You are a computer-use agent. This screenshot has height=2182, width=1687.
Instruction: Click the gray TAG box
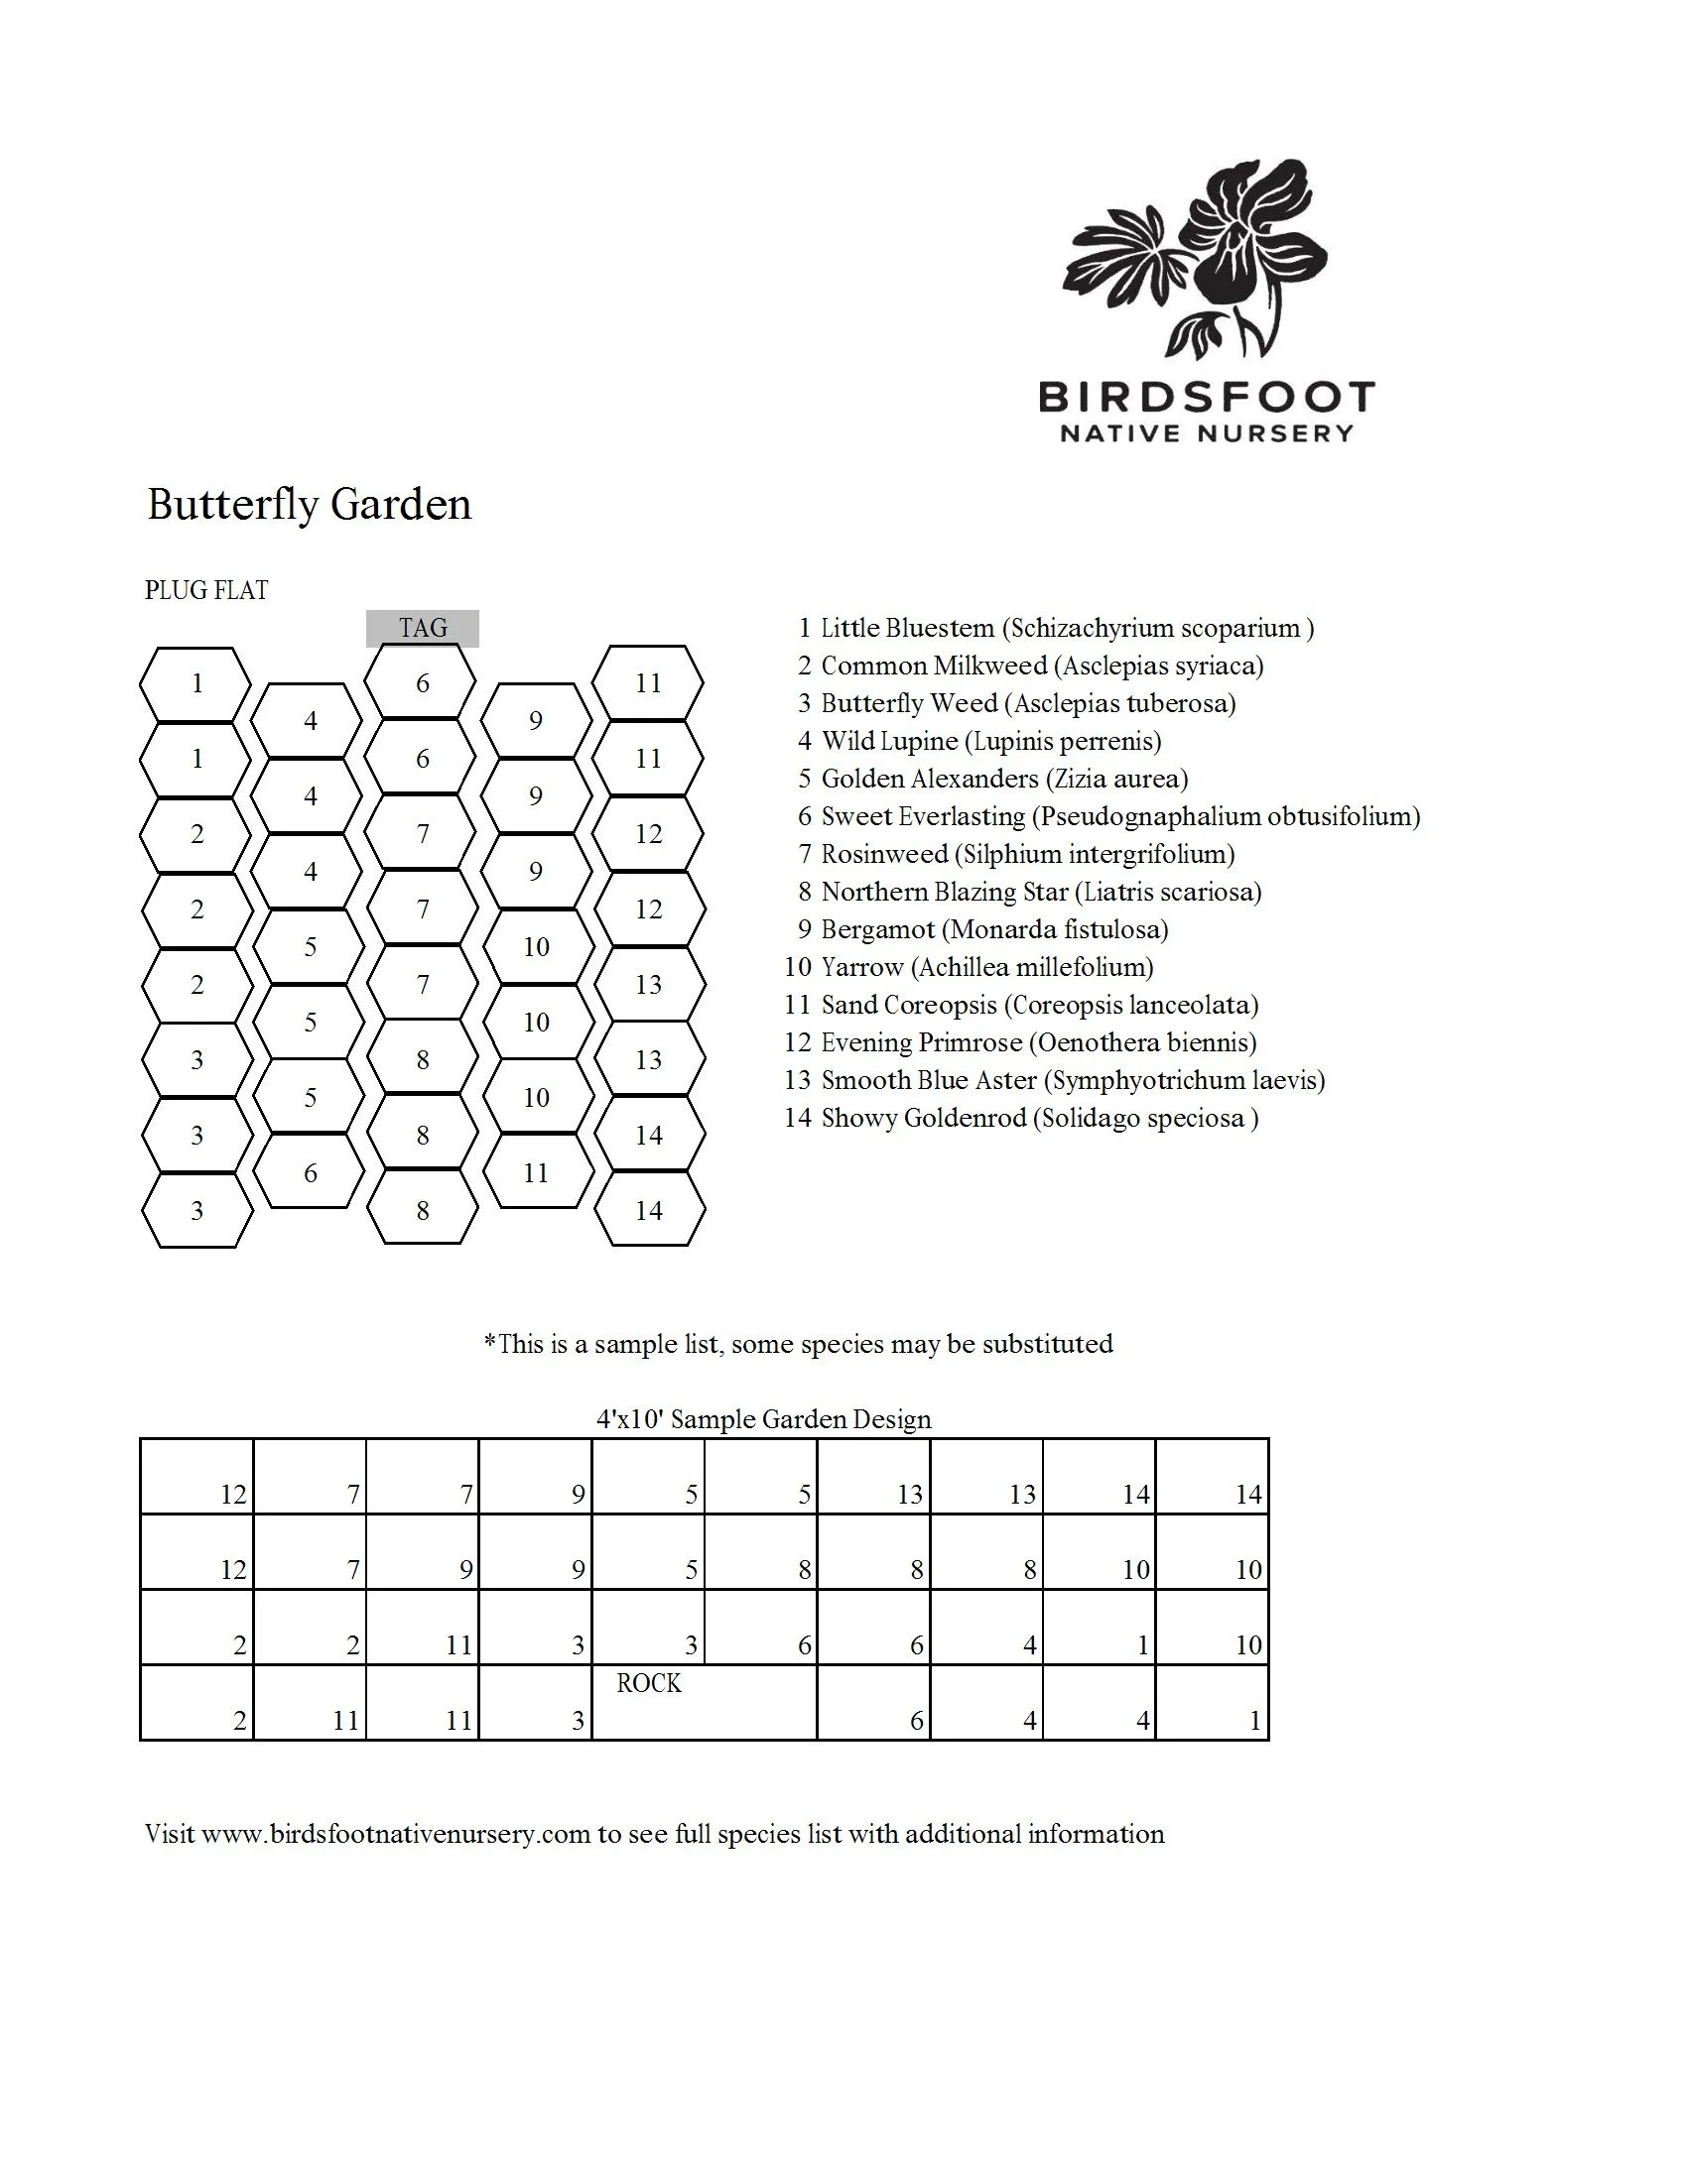423,629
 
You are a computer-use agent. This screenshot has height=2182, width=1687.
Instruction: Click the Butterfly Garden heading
309,505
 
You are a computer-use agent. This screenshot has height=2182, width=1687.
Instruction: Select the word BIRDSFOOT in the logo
1207,397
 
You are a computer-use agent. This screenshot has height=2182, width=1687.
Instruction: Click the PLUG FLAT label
205,590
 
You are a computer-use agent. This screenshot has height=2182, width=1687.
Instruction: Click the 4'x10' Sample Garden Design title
763,1419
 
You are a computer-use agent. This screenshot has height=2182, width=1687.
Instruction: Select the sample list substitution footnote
798,1344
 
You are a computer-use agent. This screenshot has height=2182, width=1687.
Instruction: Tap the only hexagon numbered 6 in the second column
310,1173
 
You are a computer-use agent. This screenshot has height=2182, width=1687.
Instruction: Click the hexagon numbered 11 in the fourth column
536,1173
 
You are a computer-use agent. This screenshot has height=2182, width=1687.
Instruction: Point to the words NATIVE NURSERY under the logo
1207,433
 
